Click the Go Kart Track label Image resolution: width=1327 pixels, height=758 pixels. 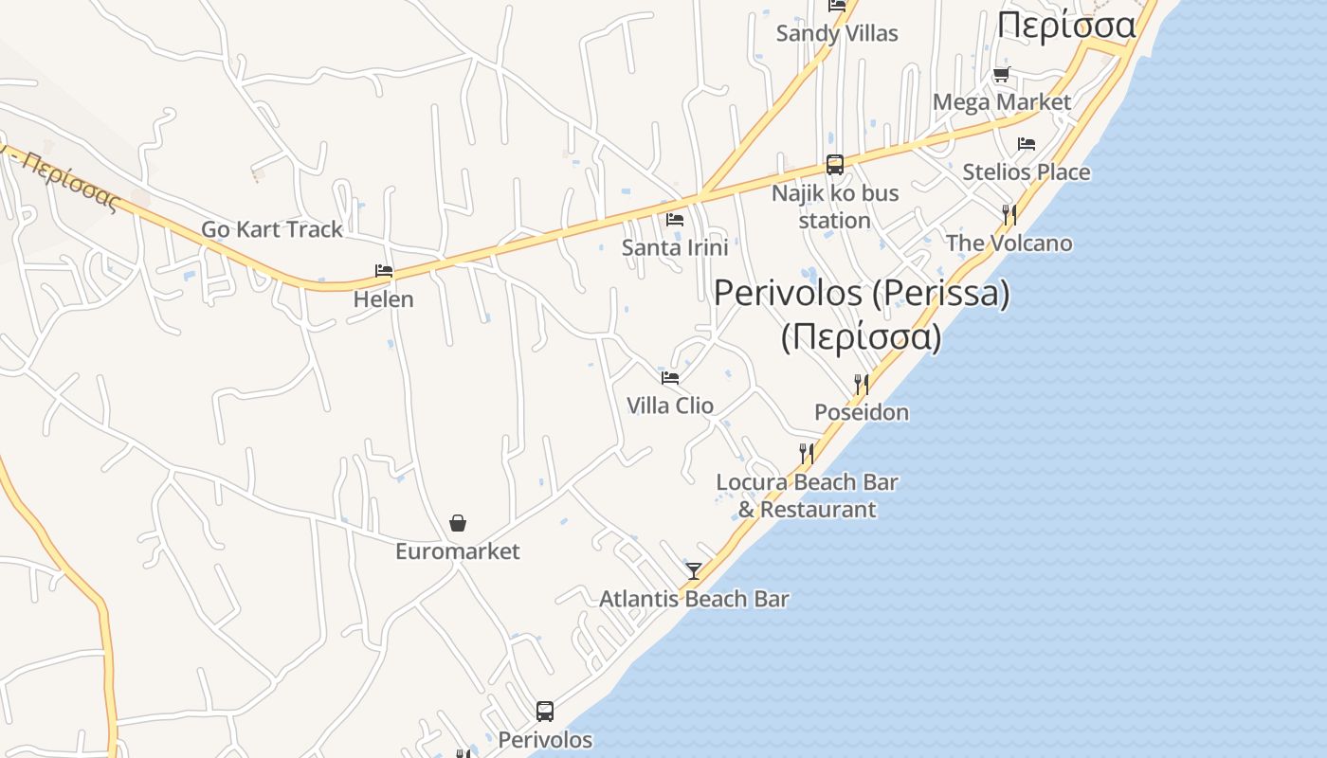click(272, 229)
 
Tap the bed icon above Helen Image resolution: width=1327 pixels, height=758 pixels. click(384, 271)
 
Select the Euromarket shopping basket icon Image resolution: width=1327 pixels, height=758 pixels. click(458, 523)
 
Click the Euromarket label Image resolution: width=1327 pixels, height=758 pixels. click(458, 551)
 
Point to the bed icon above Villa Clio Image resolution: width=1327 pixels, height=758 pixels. click(670, 377)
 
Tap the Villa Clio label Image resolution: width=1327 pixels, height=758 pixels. click(670, 406)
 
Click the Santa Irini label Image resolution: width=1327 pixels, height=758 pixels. click(675, 247)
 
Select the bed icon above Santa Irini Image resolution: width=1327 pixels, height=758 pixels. click(675, 220)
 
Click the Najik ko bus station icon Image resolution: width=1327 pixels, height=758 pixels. click(835, 165)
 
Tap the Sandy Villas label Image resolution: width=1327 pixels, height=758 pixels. click(837, 33)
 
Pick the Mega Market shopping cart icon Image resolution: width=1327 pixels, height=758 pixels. click(1001, 74)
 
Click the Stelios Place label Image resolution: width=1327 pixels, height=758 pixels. click(1027, 172)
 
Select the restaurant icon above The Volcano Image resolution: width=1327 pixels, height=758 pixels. click(1009, 215)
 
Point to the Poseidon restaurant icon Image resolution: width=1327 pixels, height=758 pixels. click(862, 384)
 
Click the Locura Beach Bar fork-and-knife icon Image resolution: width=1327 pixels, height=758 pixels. click(807, 453)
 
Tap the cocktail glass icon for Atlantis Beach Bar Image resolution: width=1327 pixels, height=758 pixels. click(694, 570)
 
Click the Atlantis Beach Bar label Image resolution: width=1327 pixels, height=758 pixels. click(694, 599)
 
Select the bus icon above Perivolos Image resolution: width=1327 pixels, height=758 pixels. click(545, 711)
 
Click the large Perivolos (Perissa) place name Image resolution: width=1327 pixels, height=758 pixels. click(862, 294)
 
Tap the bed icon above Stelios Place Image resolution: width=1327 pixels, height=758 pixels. click(1027, 144)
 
